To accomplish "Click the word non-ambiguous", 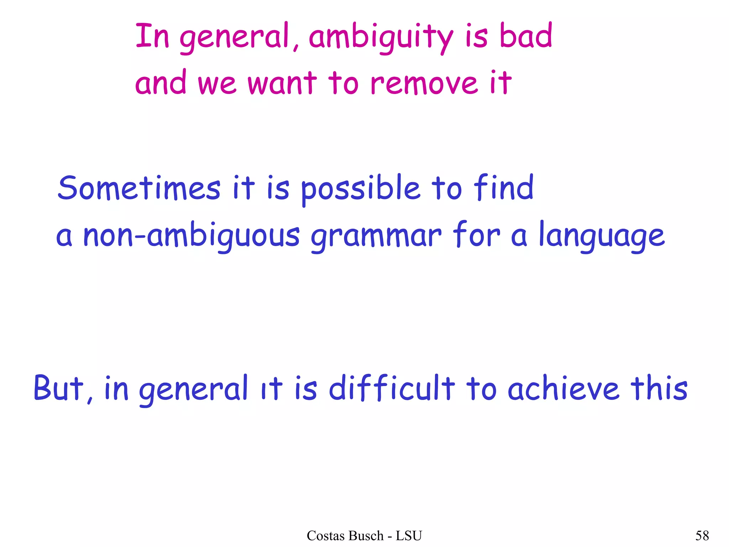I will pyautogui.click(x=192, y=236).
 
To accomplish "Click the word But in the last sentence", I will pyautogui.click(x=59, y=388).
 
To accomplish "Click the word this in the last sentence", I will pyautogui.click(x=659, y=388).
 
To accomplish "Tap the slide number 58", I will pyautogui.click(x=702, y=536).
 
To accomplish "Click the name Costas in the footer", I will pyautogui.click(x=327, y=536).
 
